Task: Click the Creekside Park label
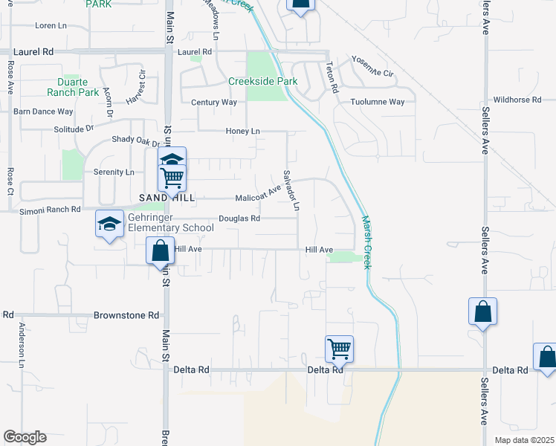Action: point(262,81)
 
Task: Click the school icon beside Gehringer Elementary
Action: point(109,224)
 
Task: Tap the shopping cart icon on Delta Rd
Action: point(339,348)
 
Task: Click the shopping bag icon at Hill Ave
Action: point(160,251)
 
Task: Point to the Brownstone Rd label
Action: point(126,315)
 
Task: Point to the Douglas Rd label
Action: point(239,219)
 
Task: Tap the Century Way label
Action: point(213,102)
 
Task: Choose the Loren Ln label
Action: point(51,25)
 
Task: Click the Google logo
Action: point(25,437)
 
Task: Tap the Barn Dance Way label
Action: point(43,111)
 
